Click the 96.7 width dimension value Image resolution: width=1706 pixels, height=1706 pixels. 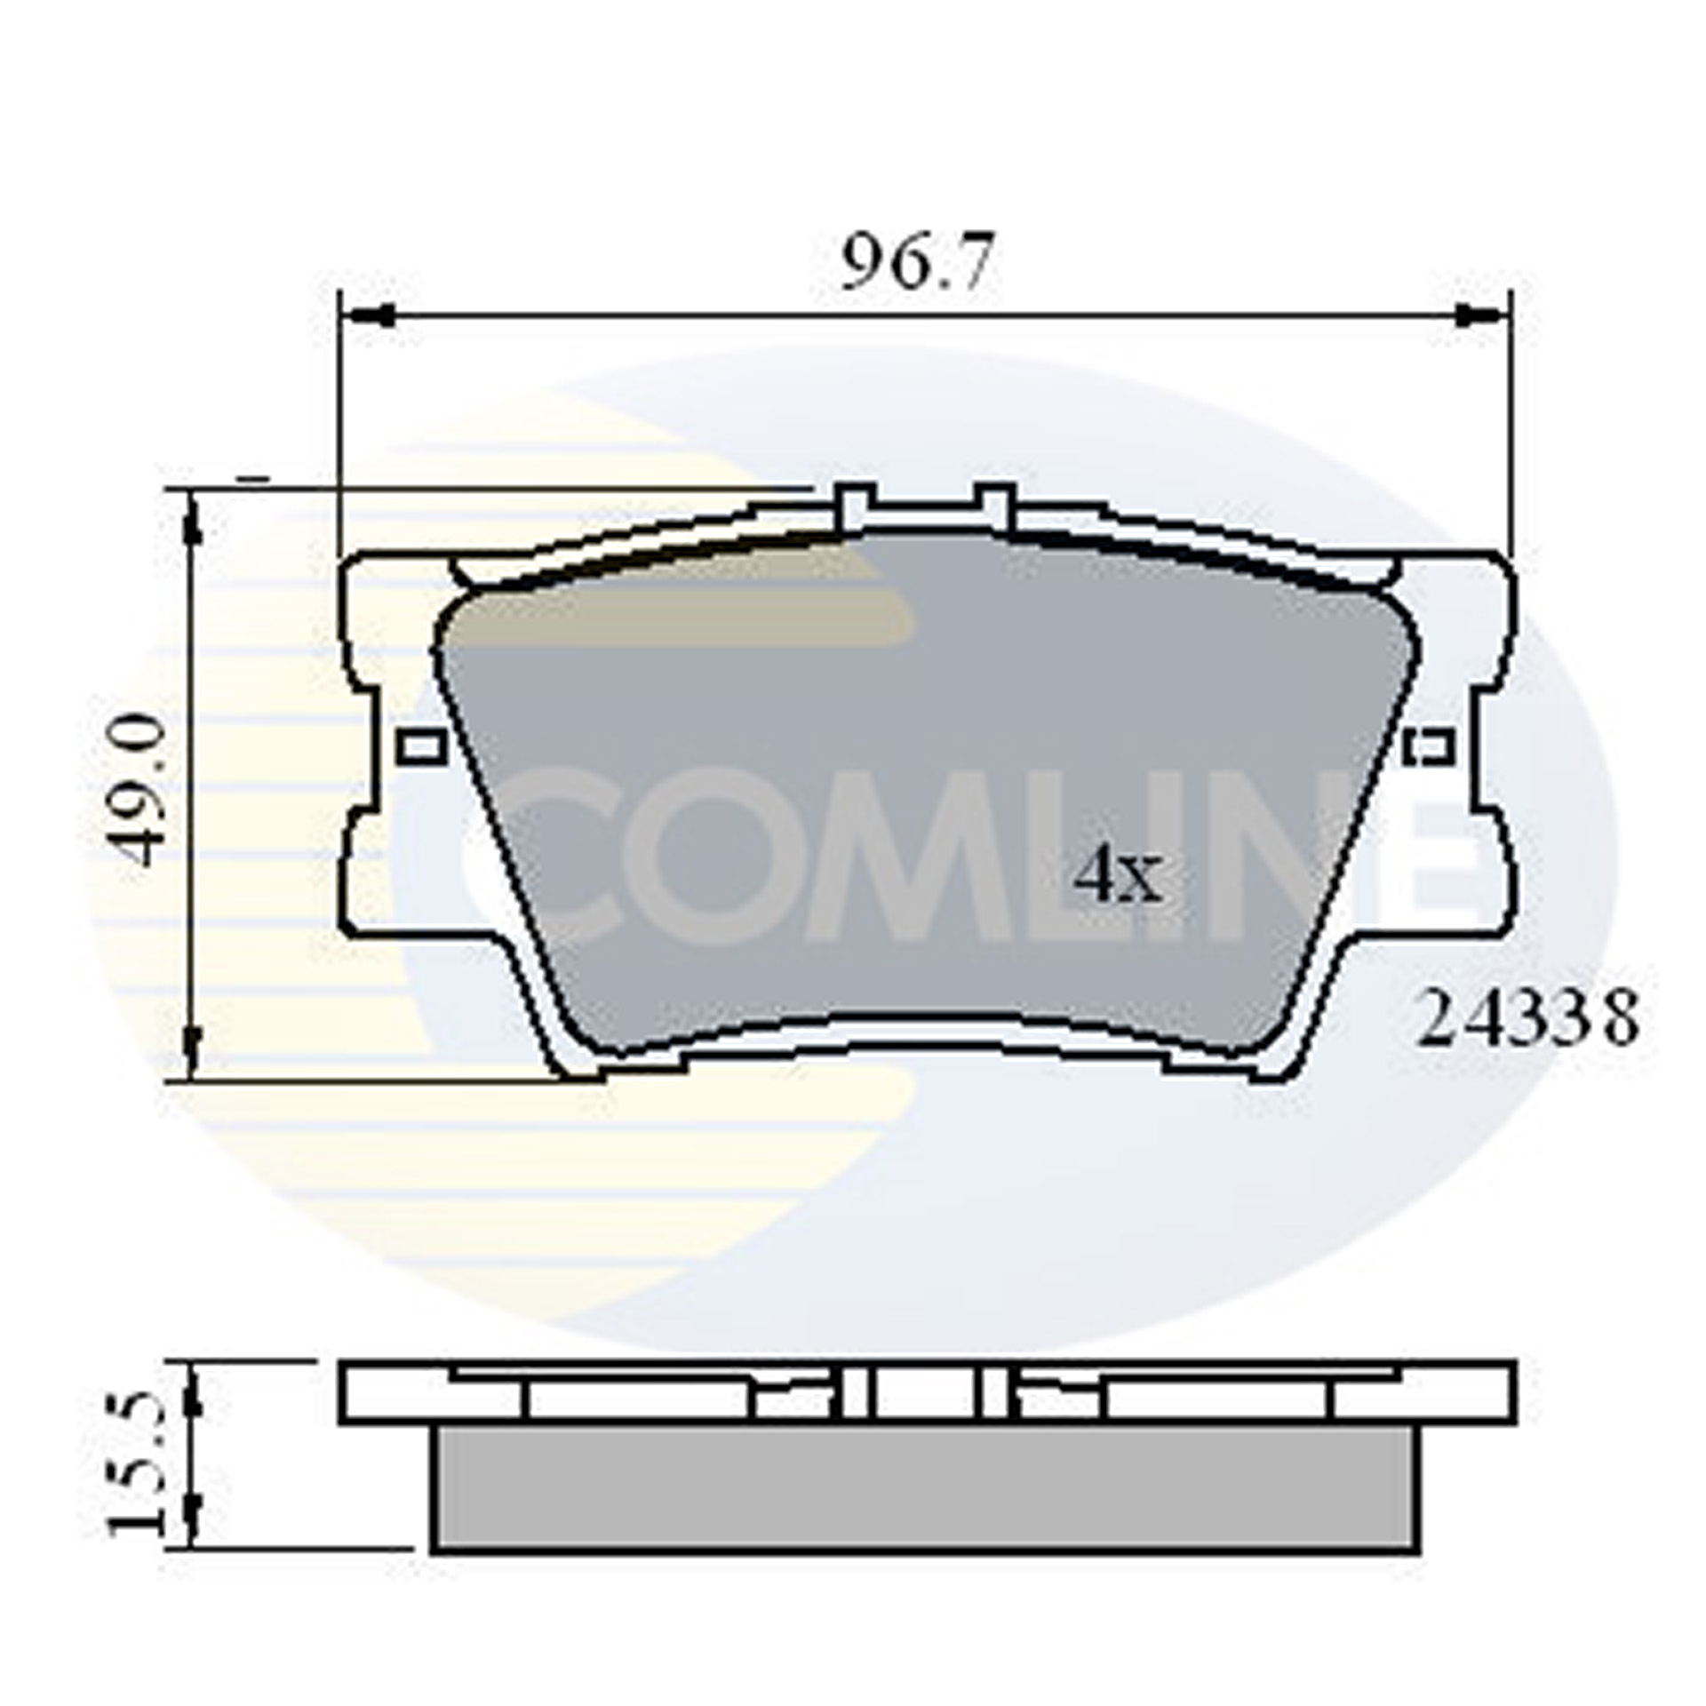(x=914, y=263)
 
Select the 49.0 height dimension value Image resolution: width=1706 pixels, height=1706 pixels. (x=141, y=791)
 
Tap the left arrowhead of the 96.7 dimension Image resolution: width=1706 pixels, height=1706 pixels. (x=369, y=315)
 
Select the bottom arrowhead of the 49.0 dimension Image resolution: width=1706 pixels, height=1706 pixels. (x=192, y=1048)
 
